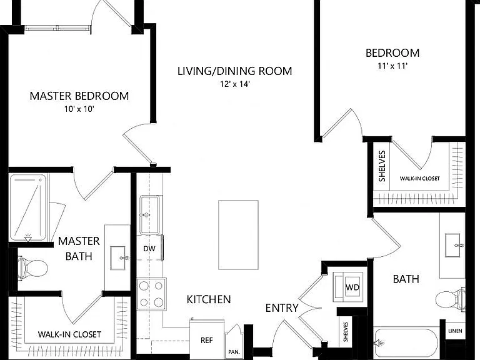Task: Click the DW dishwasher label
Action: click(149, 249)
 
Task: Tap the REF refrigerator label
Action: click(207, 340)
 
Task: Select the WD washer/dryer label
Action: click(352, 287)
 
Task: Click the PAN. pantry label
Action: click(234, 352)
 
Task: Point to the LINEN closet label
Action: click(455, 331)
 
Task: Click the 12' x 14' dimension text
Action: click(235, 84)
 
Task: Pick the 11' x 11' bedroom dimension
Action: click(392, 66)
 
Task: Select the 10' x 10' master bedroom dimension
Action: click(79, 109)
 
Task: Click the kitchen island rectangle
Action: click(238, 235)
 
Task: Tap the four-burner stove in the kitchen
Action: click(151, 294)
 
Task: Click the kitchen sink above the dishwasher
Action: click(149, 215)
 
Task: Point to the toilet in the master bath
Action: click(32, 268)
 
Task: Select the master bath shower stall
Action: click(28, 207)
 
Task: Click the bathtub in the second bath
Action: click(406, 344)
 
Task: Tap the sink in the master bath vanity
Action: click(118, 257)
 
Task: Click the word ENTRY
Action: click(282, 307)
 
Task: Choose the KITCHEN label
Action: click(209, 299)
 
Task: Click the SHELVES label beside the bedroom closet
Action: click(382, 166)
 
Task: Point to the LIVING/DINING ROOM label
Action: click(235, 71)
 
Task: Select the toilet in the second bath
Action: click(450, 299)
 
